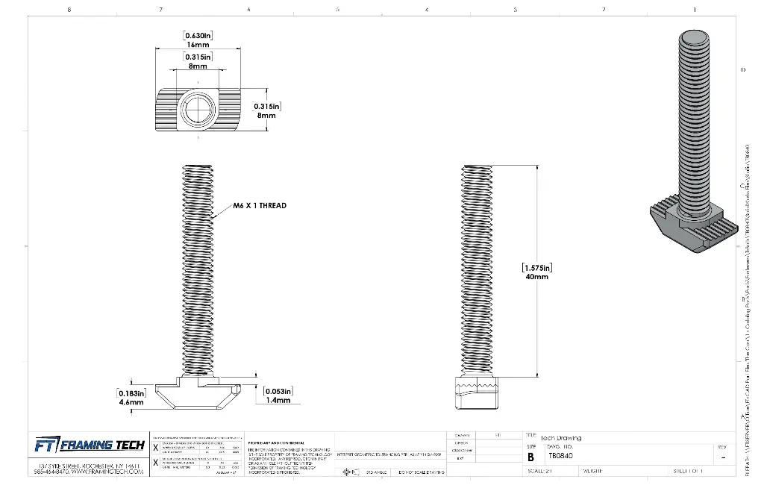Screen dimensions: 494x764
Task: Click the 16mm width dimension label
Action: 198,45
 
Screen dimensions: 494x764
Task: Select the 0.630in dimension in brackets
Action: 198,36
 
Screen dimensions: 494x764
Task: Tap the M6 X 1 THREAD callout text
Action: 259,205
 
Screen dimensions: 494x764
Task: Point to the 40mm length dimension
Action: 536,277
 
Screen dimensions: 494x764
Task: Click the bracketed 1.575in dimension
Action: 536,268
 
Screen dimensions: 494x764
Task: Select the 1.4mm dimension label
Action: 278,400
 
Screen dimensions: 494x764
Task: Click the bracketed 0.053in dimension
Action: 278,391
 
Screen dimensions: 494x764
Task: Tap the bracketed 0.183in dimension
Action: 131,393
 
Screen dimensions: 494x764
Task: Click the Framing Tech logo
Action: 86,445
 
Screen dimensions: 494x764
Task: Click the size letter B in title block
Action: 530,457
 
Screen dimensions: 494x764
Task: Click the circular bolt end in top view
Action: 198,110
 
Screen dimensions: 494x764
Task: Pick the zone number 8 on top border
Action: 69,10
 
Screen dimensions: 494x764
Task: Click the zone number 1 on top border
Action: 694,10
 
